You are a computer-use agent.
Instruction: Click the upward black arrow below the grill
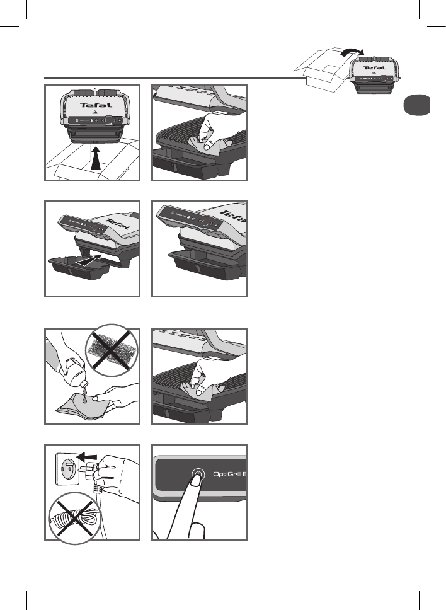pyautogui.click(x=95, y=158)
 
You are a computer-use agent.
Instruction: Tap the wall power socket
pyautogui.click(x=68, y=469)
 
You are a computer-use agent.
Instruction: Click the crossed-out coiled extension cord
pyautogui.click(x=74, y=515)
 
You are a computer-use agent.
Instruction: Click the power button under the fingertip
pyautogui.click(x=197, y=475)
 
